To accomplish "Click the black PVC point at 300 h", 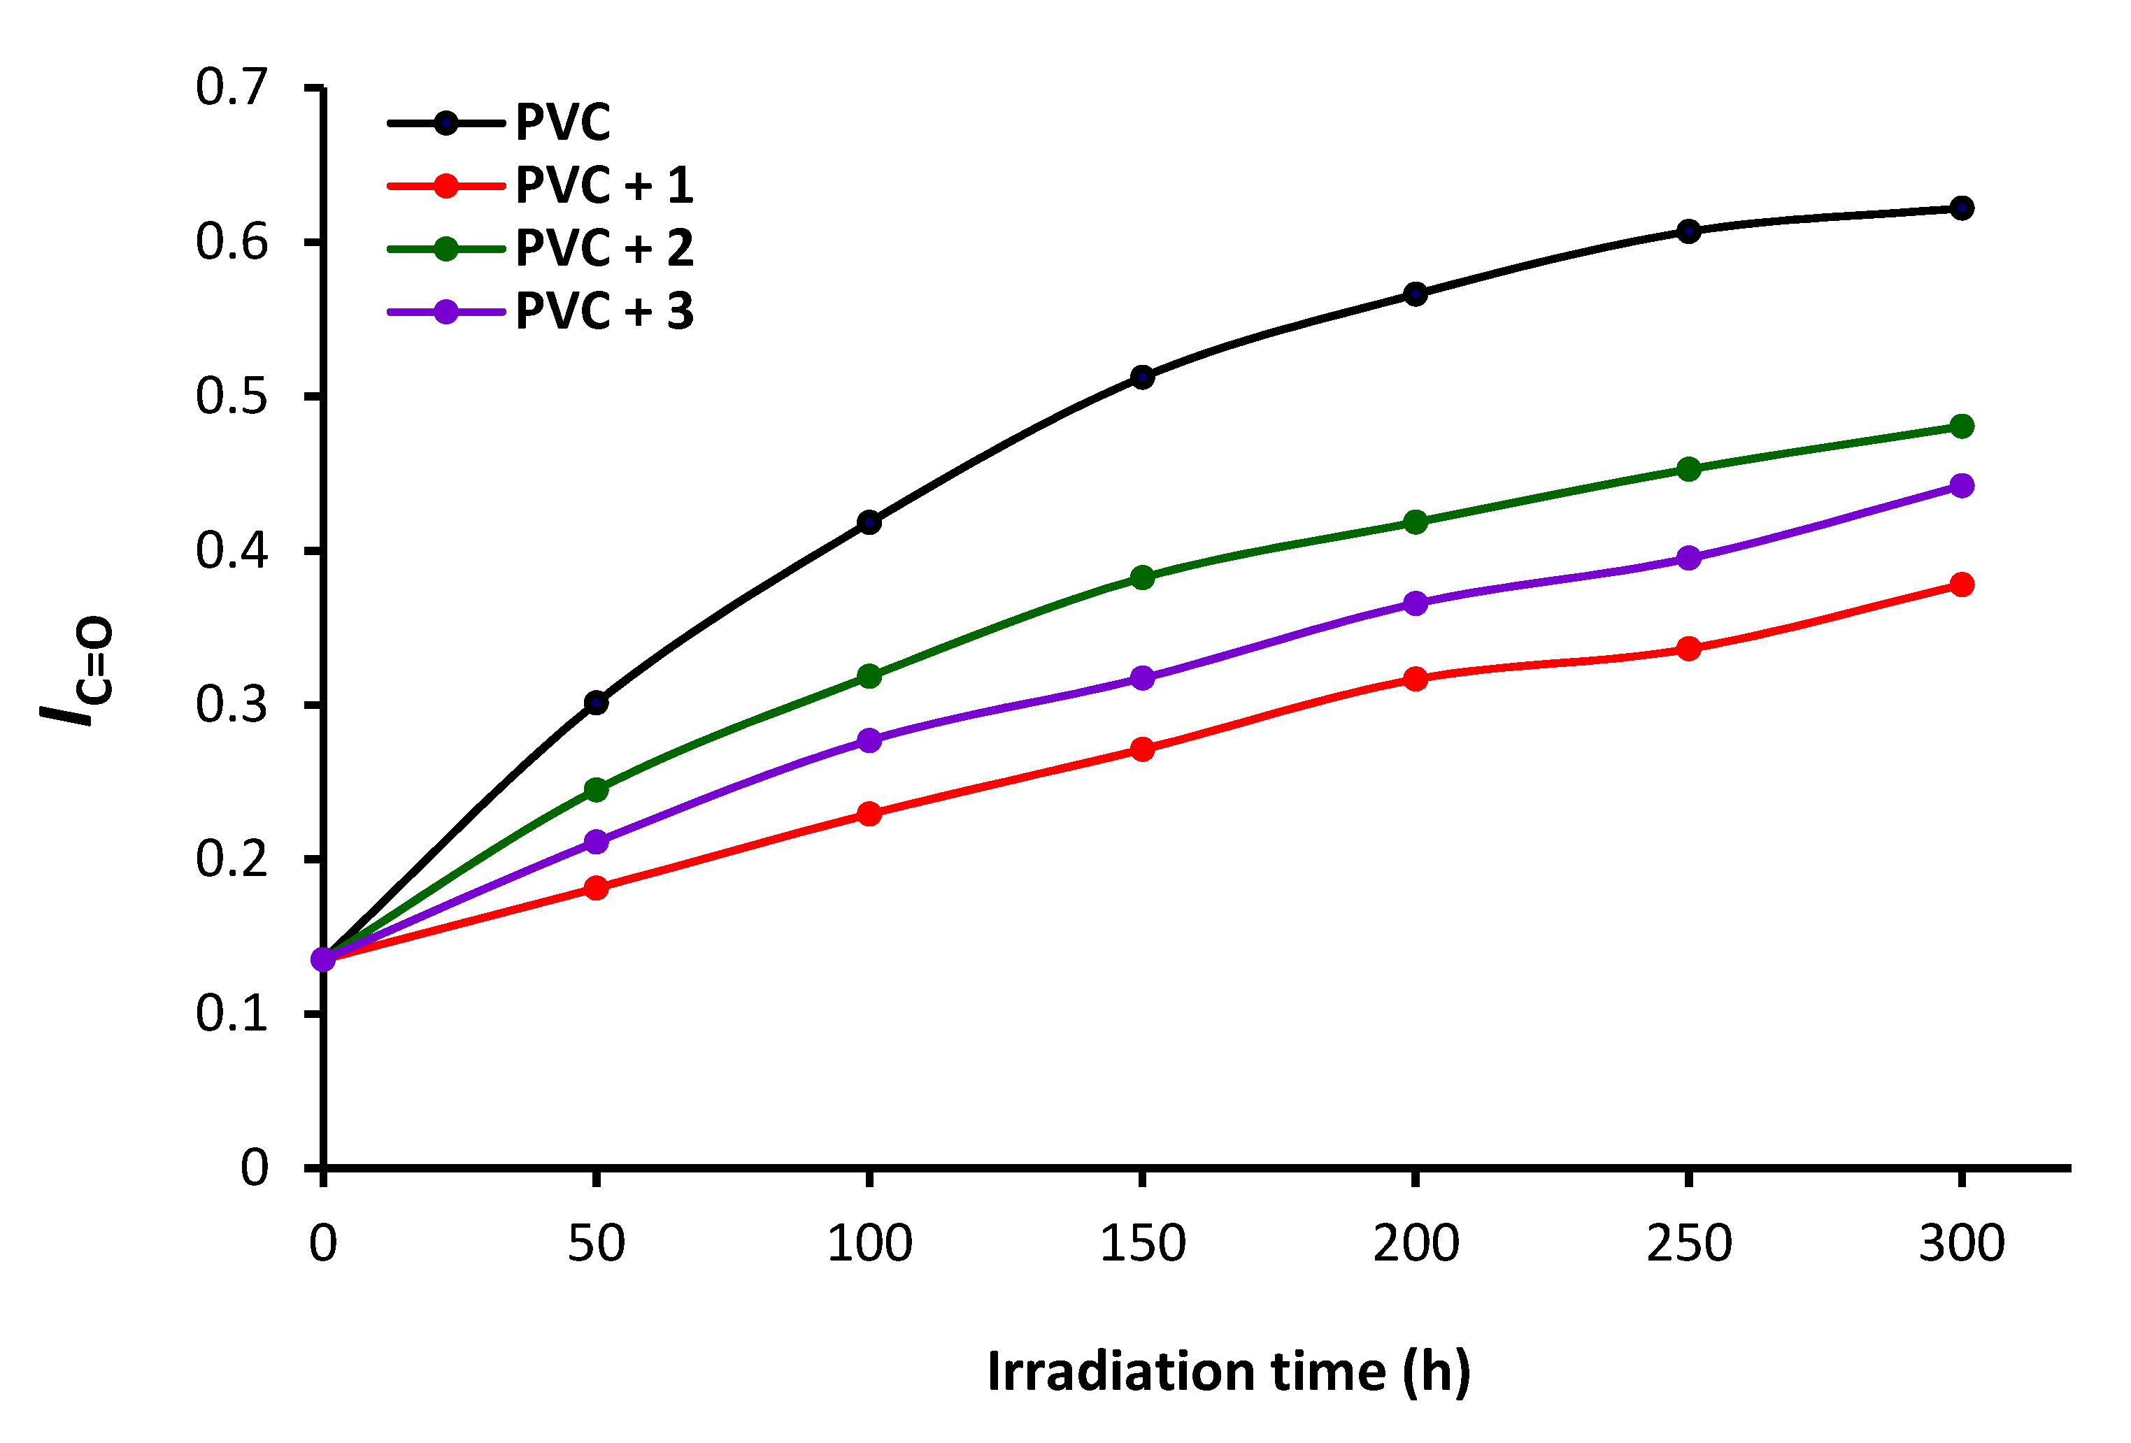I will tap(1961, 208).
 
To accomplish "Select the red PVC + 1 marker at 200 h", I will tap(1416, 680).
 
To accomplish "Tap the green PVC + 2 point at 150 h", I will tap(1143, 577).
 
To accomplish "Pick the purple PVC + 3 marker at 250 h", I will tap(1689, 559).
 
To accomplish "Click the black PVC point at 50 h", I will tap(596, 703).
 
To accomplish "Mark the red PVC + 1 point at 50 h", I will tap(596, 887).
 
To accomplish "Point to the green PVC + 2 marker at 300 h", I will tap(1961, 426).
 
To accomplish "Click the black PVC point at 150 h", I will tap(1143, 377).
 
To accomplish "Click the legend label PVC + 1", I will tap(604, 186).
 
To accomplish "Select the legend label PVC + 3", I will tap(604, 312).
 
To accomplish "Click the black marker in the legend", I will tap(446, 123).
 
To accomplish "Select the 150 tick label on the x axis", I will tap(1143, 1244).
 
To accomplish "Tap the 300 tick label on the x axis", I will tap(1961, 1244).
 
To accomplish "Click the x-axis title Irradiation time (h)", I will tap(1229, 1372).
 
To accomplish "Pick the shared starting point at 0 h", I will tap(323, 959).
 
